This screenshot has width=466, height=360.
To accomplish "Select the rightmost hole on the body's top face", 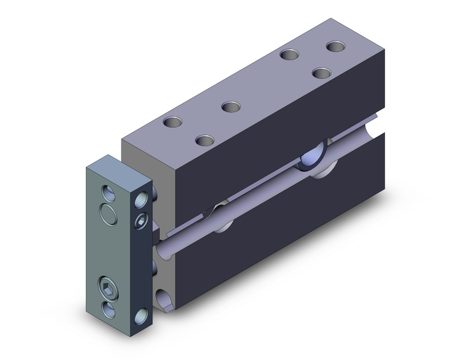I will click(x=335, y=47).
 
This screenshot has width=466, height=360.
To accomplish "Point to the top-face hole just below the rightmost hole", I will click(x=321, y=72).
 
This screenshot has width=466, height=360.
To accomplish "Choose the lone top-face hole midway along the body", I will click(x=231, y=107).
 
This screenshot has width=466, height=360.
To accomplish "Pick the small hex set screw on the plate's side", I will click(x=140, y=220).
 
